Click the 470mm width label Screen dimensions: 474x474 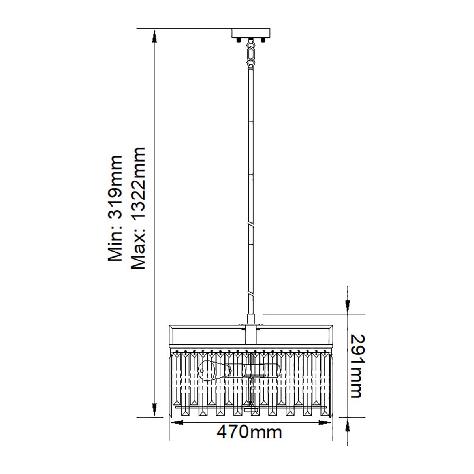249,432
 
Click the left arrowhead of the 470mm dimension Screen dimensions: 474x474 176,423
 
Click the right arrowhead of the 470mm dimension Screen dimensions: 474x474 326,423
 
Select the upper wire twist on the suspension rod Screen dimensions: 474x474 251,224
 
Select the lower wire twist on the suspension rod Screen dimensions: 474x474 251,293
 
